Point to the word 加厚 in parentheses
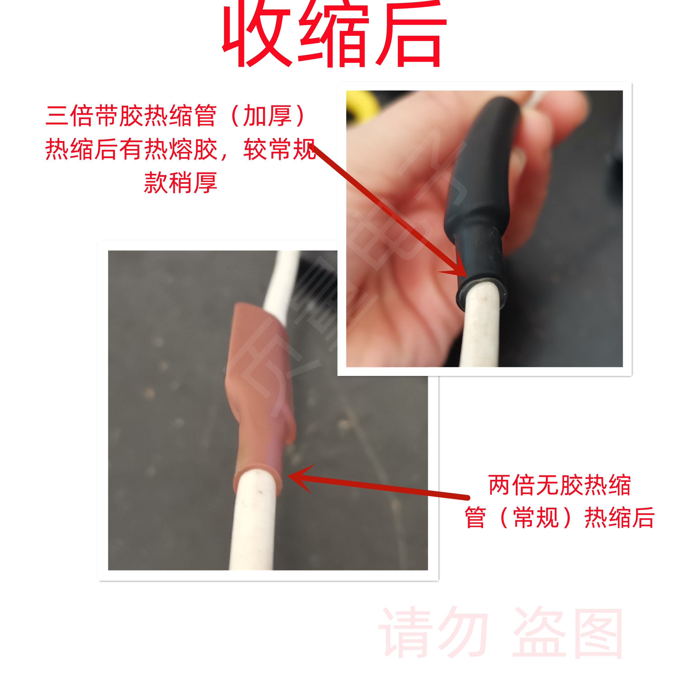coord(267,116)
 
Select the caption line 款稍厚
coord(181,183)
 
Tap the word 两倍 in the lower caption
coord(511,485)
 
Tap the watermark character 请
coord(406,633)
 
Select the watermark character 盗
coord(540,633)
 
